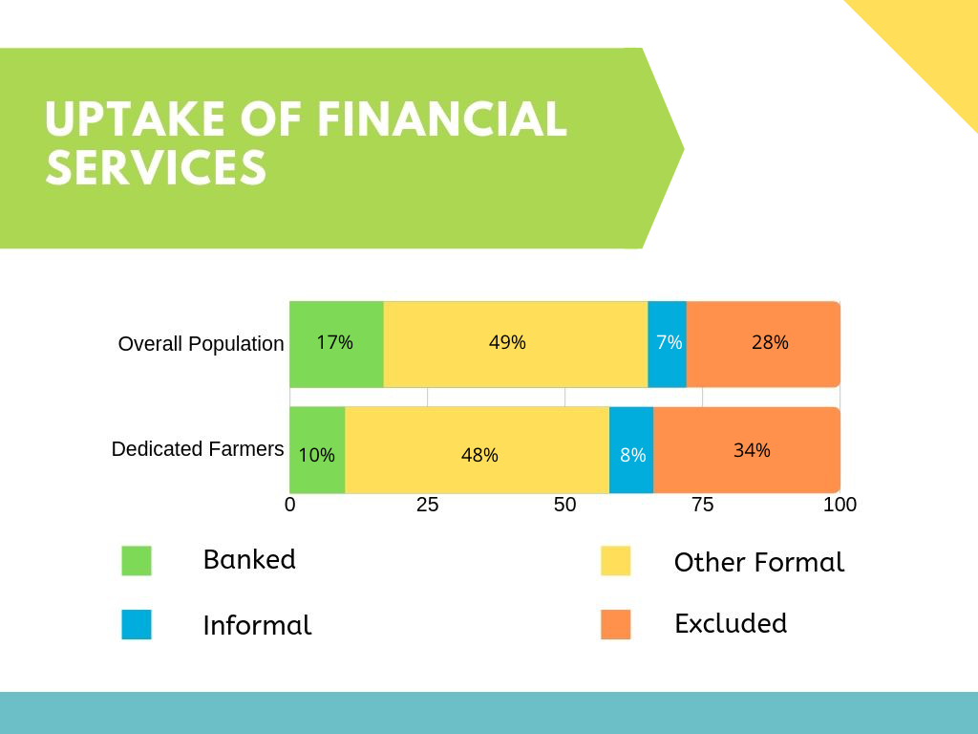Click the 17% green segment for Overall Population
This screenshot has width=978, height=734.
337,344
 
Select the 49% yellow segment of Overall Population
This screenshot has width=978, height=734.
516,344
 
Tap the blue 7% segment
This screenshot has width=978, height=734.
668,344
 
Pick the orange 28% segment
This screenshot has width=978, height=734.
763,344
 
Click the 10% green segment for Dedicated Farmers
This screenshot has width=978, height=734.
317,450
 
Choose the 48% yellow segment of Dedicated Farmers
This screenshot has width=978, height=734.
478,450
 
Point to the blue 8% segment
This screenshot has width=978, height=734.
631,450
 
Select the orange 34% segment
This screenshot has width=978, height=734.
747,450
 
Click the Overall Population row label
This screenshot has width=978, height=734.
201,344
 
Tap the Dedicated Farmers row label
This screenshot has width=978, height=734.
198,449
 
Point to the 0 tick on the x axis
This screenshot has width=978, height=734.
290,505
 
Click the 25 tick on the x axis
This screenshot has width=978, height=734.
427,505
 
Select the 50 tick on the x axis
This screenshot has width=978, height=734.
565,505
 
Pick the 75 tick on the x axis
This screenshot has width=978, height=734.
702,505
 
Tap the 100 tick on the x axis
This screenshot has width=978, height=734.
840,505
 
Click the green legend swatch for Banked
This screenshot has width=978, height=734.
137,560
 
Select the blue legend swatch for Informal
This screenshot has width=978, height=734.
137,625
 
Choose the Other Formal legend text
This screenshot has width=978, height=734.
759,562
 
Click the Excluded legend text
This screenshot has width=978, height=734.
731,623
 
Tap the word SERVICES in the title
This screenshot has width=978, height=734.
157,167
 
